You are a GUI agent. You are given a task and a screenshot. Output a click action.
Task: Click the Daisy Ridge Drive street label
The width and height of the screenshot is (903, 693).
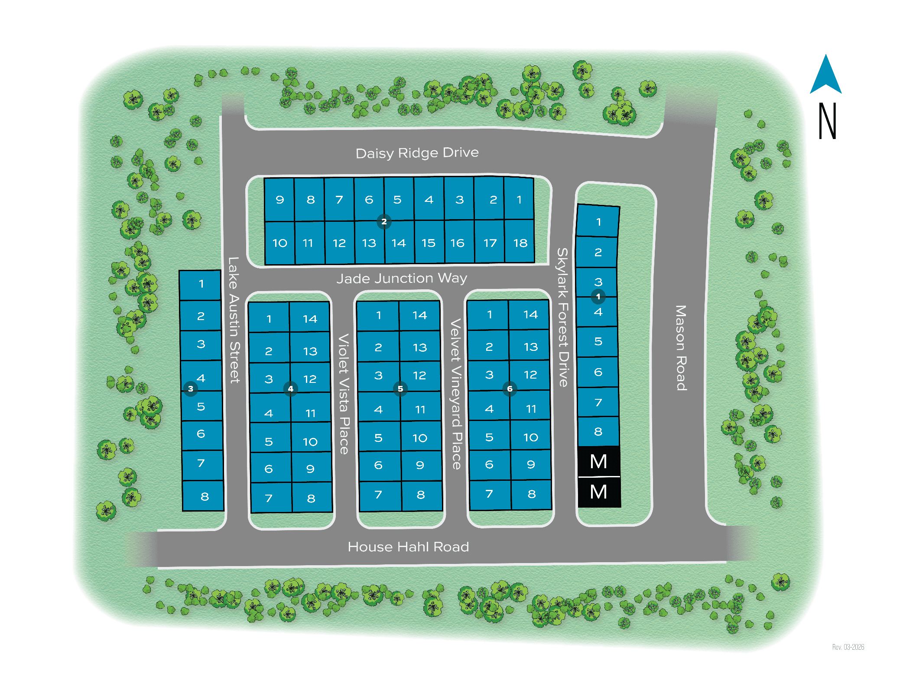[417, 153]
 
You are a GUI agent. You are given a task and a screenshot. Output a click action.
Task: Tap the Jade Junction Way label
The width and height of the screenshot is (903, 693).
[402, 278]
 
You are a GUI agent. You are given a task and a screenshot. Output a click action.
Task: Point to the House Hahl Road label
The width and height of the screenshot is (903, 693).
[408, 547]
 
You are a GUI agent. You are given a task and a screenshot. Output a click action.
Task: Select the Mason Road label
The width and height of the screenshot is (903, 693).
[681, 348]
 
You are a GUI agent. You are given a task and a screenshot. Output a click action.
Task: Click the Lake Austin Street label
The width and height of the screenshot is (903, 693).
[234, 320]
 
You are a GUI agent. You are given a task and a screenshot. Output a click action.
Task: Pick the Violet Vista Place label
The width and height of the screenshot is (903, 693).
[344, 394]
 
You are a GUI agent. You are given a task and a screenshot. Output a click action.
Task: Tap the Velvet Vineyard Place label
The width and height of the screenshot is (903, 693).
[456, 394]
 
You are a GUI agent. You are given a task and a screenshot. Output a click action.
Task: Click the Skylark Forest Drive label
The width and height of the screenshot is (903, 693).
[562, 317]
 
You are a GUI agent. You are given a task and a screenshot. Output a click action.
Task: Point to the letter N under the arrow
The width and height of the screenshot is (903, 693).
[827, 121]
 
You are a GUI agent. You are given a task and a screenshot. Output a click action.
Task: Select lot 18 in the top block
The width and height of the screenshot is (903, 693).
[520, 243]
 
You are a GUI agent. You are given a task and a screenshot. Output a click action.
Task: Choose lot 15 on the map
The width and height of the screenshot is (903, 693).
[429, 243]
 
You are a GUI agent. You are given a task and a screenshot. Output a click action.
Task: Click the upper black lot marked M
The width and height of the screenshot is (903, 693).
[599, 462]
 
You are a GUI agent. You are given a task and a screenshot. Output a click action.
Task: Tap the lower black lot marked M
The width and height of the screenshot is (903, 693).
[599, 492]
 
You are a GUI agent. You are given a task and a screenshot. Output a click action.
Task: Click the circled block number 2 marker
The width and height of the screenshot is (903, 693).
[384, 221]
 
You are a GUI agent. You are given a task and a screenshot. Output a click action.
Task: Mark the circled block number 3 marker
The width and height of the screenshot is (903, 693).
[191, 389]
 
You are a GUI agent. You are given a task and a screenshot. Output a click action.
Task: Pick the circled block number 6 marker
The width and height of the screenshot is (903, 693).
[510, 389]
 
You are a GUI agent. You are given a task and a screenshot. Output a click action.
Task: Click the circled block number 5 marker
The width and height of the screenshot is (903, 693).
[400, 389]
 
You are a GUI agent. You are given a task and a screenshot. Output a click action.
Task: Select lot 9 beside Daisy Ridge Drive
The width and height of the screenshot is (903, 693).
[280, 200]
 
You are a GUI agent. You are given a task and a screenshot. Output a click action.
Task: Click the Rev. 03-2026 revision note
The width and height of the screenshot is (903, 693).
[848, 647]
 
